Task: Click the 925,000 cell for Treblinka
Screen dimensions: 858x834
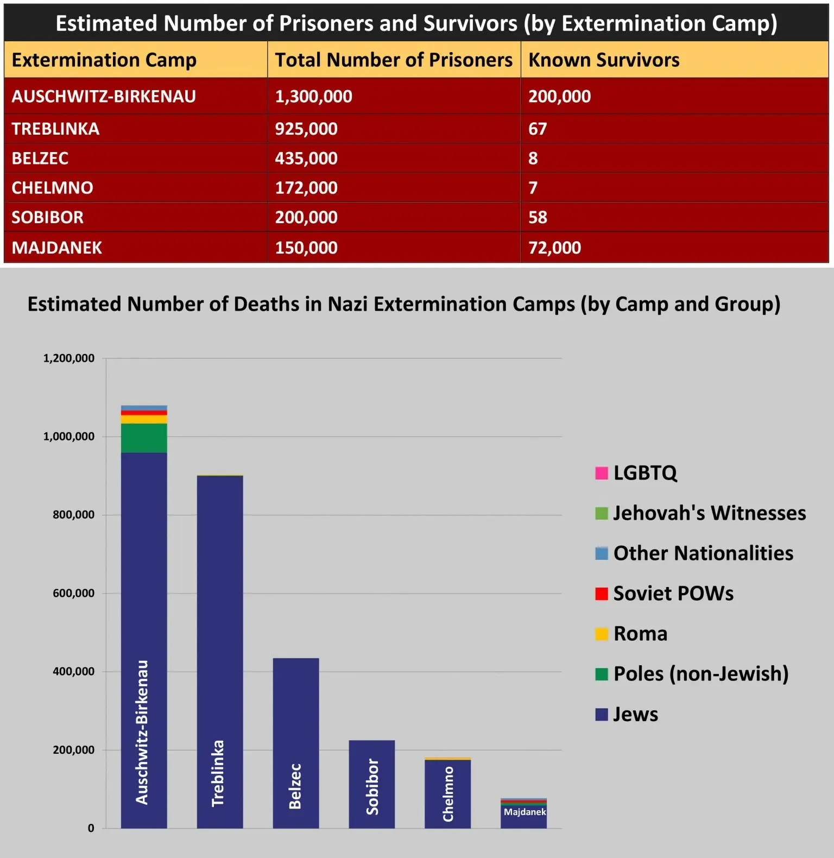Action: pyautogui.click(x=306, y=129)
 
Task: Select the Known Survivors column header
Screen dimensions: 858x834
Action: pyautogui.click(x=604, y=60)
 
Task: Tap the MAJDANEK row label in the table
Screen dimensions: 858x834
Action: pyautogui.click(x=57, y=248)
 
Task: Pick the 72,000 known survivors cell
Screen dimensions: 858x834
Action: pyautogui.click(x=554, y=248)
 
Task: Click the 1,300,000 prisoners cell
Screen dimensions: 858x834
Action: pyautogui.click(x=313, y=96)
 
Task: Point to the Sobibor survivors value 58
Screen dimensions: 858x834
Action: pyautogui.click(x=538, y=217)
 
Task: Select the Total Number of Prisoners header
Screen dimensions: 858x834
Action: pyautogui.click(x=394, y=60)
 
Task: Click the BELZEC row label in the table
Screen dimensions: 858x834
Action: pyautogui.click(x=40, y=158)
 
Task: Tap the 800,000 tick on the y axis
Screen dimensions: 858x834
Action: pyautogui.click(x=73, y=515)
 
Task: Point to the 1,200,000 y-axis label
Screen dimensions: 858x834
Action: pyautogui.click(x=69, y=358)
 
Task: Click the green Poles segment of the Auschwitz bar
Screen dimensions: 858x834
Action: pyautogui.click(x=144, y=438)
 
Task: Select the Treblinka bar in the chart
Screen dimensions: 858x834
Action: pyautogui.click(x=220, y=624)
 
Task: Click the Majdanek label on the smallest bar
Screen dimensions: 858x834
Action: pyautogui.click(x=525, y=812)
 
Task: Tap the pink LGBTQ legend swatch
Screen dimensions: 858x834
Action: pyautogui.click(x=602, y=473)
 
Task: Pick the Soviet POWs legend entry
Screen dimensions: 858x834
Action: pyautogui.click(x=673, y=594)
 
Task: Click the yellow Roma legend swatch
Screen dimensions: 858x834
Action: pyautogui.click(x=602, y=634)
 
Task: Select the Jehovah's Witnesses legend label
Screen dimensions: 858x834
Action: pyautogui.click(x=710, y=513)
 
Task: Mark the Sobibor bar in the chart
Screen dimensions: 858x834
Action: pyautogui.click(x=372, y=771)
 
